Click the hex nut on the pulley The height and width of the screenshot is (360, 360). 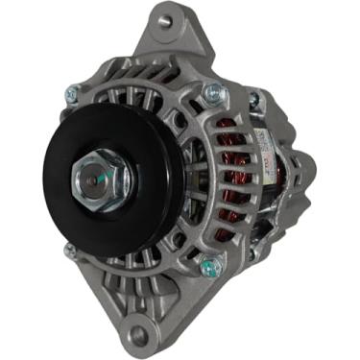(x=92, y=180)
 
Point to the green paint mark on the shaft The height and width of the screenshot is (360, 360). (x=88, y=178)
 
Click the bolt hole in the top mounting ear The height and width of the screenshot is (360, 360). (x=164, y=20)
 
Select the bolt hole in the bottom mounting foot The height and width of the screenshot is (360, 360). (x=141, y=335)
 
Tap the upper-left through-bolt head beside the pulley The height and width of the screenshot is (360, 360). (x=70, y=93)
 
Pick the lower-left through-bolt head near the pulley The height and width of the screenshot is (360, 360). (x=69, y=251)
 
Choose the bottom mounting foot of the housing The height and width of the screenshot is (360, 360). (x=144, y=322)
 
